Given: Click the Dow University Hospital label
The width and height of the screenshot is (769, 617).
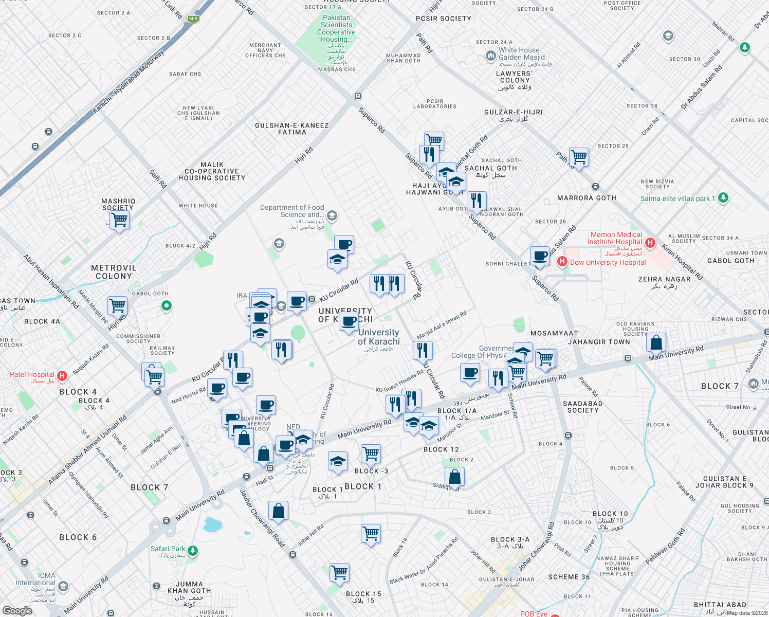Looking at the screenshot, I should coord(608,262).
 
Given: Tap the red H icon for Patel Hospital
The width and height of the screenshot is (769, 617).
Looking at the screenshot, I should coord(62,376).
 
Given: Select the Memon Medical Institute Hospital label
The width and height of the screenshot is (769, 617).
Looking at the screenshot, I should coord(615,238).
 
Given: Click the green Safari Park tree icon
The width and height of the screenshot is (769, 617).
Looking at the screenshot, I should coord(193,551).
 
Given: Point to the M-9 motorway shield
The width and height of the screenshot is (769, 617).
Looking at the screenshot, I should coord(193,19).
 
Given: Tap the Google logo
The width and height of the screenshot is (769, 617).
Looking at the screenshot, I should coord(17,611).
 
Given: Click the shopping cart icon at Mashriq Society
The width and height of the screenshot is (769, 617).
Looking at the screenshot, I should coord(119,220).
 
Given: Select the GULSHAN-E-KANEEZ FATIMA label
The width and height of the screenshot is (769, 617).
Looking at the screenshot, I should coord(292,129).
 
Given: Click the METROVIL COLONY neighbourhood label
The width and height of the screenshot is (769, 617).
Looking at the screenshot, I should coord(114,272).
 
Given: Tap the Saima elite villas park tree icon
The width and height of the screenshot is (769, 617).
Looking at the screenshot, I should coord(723,198).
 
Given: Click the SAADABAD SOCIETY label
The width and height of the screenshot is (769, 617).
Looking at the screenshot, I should coord(582,407).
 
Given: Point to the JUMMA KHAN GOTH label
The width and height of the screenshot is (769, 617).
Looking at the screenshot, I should coord(189,587).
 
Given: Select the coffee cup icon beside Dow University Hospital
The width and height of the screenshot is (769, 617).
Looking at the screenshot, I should coord(540,256).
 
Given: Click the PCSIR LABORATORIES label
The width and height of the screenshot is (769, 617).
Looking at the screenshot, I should coord(435,104).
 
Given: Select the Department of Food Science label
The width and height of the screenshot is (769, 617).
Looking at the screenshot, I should coord(292,211).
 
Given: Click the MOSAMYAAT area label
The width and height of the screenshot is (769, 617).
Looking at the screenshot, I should coord(554,333).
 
